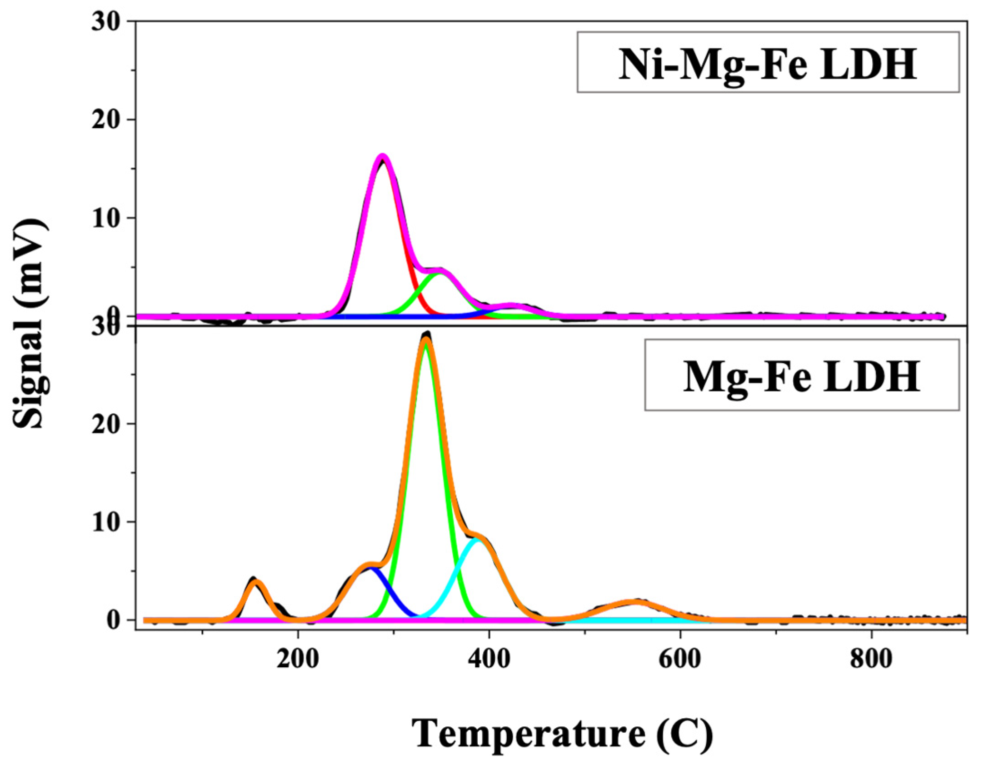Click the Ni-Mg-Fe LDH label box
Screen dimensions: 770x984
(x=768, y=62)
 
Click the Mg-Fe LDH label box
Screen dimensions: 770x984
(x=801, y=375)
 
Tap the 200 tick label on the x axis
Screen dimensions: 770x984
(x=298, y=659)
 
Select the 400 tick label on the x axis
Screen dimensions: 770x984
(x=489, y=659)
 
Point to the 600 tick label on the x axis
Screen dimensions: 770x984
(x=680, y=659)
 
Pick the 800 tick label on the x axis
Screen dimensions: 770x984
(x=871, y=659)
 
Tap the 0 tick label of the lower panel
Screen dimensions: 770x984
(x=113, y=620)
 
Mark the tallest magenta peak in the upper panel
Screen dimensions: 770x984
(x=383, y=156)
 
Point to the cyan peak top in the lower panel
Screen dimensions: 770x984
(x=477, y=539)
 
